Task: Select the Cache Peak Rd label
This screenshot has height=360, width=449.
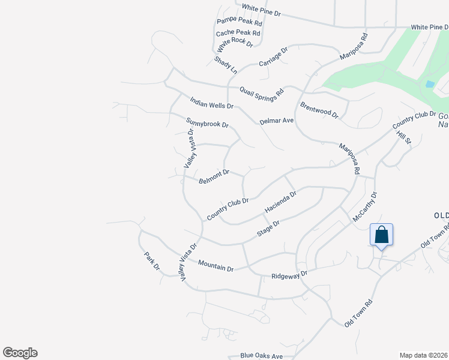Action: (x=238, y=33)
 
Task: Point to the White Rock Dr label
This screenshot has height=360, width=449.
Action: (x=235, y=43)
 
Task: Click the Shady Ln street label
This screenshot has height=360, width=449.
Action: (x=223, y=62)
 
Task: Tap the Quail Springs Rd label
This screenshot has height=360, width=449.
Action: (x=261, y=92)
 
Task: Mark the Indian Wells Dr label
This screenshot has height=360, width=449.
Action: (x=211, y=104)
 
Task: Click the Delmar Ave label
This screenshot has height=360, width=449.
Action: (x=276, y=121)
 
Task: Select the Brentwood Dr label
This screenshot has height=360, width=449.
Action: (x=319, y=109)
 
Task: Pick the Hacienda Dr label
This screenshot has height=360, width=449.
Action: (x=280, y=203)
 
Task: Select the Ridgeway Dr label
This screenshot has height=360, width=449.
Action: (x=289, y=275)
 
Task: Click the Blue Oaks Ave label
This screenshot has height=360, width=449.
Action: (x=261, y=356)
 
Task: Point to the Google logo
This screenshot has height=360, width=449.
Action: (x=20, y=353)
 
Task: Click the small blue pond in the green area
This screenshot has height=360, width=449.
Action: (x=429, y=85)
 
